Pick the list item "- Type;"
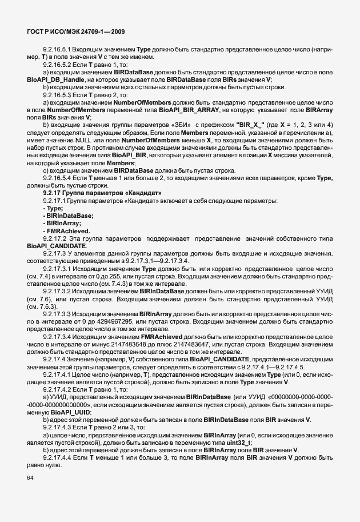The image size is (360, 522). point(52,209)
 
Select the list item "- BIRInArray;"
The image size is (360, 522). point(61,223)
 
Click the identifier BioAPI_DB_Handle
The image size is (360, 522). point(53,79)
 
